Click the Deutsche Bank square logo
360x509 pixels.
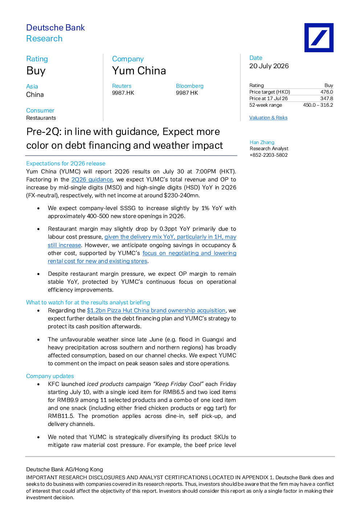[x=319, y=37]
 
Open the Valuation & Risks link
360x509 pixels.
[x=268, y=118]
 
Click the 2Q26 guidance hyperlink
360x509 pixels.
[x=92, y=180]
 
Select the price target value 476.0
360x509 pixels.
[x=327, y=92]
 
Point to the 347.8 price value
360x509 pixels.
[x=327, y=98]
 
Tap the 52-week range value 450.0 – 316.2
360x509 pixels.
[x=318, y=105]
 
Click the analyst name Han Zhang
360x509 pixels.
[x=262, y=142]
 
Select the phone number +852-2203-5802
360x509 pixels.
[x=269, y=155]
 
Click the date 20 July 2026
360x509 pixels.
[x=269, y=66]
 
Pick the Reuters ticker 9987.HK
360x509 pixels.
[x=123, y=93]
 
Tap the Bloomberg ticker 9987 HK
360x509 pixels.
[x=187, y=93]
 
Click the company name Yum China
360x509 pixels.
[x=139, y=71]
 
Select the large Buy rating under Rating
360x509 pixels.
[x=36, y=71]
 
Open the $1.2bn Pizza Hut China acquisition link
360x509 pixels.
[x=156, y=311]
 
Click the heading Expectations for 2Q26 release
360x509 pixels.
[x=66, y=164]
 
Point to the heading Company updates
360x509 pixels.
[x=50, y=376]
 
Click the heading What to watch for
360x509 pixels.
[x=88, y=303]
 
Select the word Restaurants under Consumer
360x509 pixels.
[x=41, y=118]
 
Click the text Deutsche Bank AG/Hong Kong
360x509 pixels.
[x=65, y=469]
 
